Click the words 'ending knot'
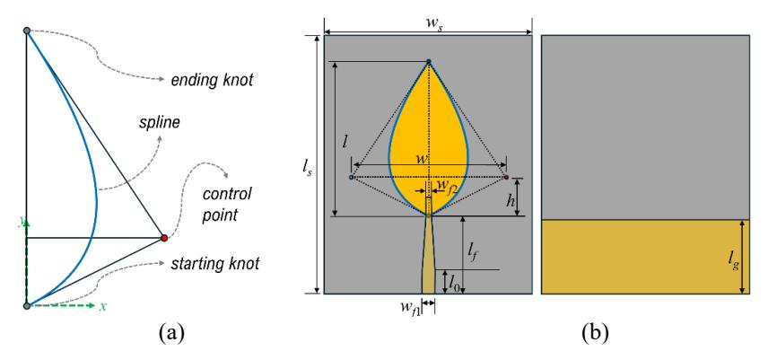click(212, 80)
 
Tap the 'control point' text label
click(227, 204)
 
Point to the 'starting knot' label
click(214, 264)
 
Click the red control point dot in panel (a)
click(164, 238)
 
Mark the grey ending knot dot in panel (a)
click(27, 31)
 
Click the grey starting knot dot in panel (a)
click(27, 305)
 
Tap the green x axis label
click(102, 306)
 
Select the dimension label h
click(510, 200)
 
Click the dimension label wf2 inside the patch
click(446, 185)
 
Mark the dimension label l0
click(453, 282)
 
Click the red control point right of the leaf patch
click(506, 177)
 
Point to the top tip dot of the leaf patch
click(429, 61)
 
